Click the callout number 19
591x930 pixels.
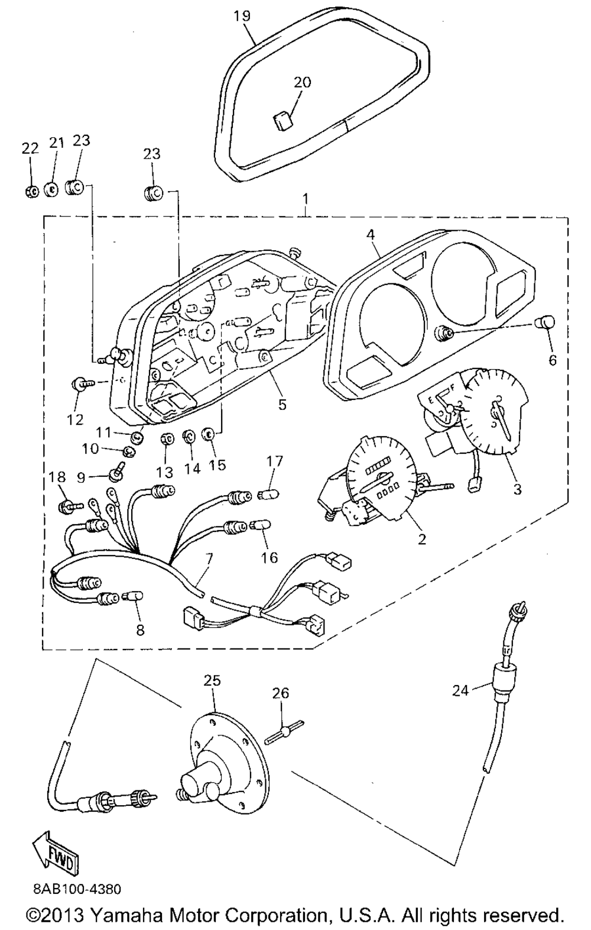[x=242, y=15]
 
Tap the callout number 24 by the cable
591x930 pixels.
[x=462, y=690]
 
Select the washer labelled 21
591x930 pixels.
[x=51, y=189]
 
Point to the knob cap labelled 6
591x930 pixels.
[x=546, y=322]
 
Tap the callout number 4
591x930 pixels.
[x=371, y=234]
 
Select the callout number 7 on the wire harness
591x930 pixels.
[x=208, y=558]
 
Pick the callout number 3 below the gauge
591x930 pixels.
[x=517, y=489]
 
